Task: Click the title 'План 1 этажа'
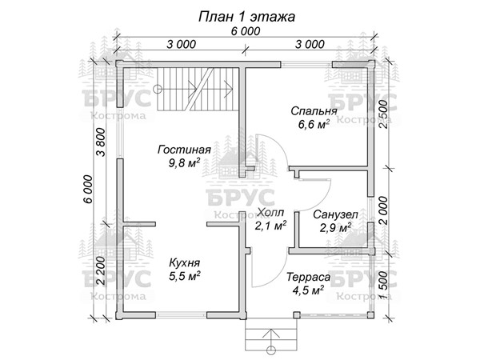point(246,17)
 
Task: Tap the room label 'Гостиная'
point(184,150)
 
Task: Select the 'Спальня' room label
point(314,111)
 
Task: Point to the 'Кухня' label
point(185,262)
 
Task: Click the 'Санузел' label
point(335,214)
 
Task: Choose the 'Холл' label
point(271,212)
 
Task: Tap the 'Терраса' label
point(308,277)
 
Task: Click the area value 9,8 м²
point(184,163)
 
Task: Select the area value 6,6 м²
point(314,124)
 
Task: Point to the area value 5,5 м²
point(185,276)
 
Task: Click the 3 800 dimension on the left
point(101,142)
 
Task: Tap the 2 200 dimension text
point(101,271)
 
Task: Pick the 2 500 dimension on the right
point(385,114)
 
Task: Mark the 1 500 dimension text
point(385,286)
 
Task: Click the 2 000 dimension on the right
point(385,210)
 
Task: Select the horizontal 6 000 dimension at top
point(246,31)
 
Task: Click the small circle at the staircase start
point(158,89)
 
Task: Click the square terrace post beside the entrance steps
point(296,315)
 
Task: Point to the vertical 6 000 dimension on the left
point(88,189)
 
